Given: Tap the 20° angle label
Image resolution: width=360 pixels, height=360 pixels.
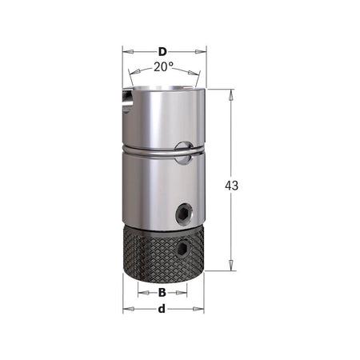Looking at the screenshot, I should pos(164,67).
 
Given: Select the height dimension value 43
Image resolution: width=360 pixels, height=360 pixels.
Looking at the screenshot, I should pos(232,185).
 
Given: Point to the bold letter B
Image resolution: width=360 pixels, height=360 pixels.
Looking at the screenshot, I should pos(162,293).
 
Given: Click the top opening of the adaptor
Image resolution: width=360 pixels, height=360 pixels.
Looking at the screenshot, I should pos(164,83).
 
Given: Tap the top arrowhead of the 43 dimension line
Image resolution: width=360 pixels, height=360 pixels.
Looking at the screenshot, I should pos(232,90).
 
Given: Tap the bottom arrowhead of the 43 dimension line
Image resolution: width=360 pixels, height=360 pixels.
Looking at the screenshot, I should pos(232,268).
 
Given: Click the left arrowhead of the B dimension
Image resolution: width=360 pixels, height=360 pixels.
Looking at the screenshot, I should pos(141,293).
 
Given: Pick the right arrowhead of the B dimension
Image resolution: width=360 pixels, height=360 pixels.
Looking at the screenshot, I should pos(186,293).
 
